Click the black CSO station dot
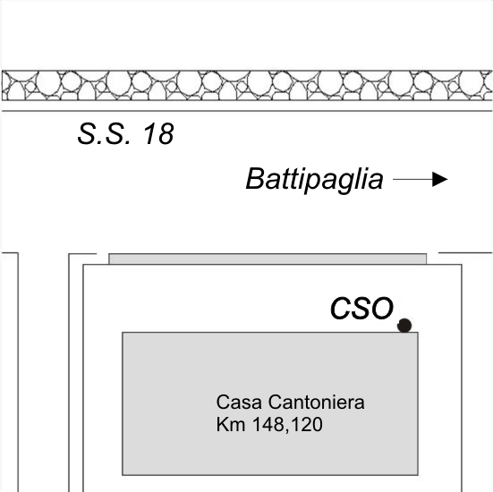(404, 326)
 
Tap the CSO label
(361, 308)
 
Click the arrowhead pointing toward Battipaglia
(440, 179)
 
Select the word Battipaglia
(314, 179)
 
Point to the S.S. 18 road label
(125, 133)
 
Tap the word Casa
(239, 402)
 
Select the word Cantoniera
(317, 402)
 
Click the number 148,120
(288, 424)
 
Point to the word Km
(231, 424)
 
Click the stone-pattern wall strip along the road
(247, 86)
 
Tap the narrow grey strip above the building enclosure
(268, 259)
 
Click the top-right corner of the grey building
(418, 332)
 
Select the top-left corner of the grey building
(123, 332)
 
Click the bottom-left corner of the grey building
(123, 475)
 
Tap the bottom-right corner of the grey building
(418, 475)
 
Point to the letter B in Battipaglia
(256, 179)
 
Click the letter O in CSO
(382, 308)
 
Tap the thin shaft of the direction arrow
(412, 179)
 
